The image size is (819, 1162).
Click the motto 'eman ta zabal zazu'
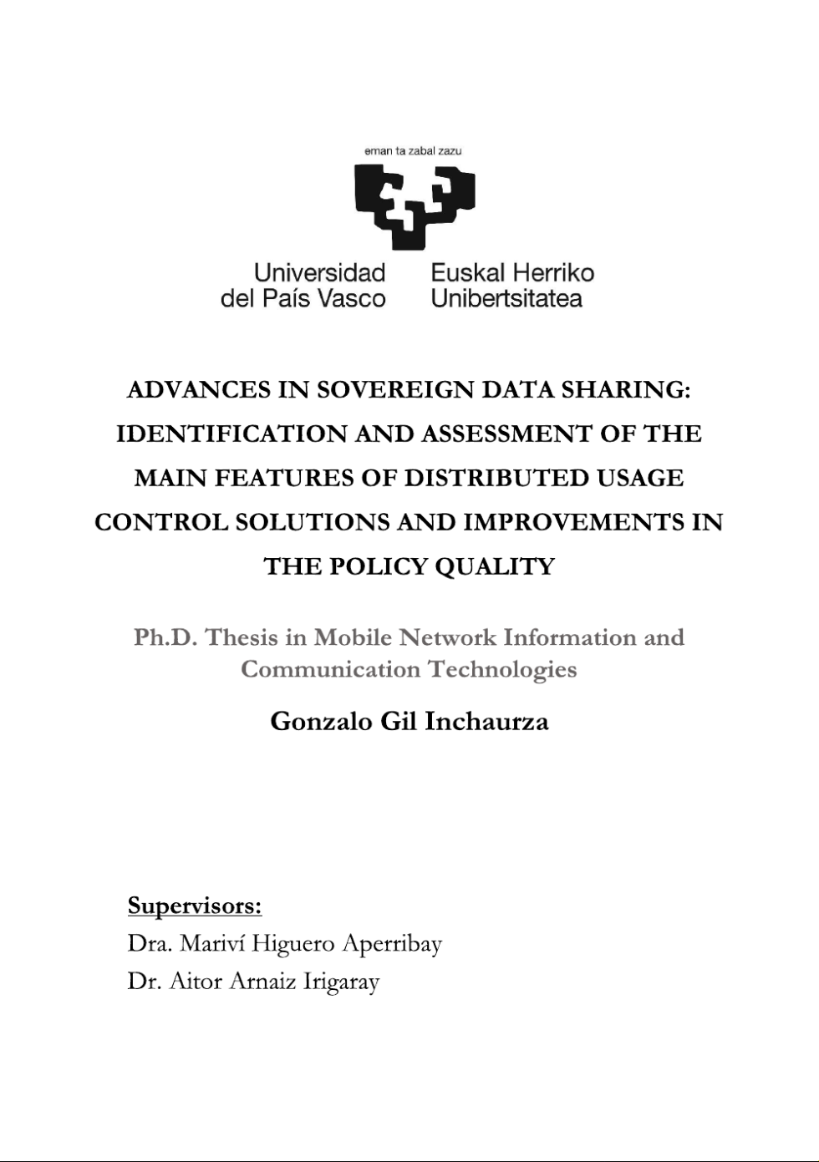413,151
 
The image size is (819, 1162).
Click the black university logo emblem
415,206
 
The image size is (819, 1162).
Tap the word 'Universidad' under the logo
319,273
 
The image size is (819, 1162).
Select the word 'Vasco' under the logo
352,299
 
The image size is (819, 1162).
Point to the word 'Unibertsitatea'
506,299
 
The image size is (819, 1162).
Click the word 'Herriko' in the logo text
552,273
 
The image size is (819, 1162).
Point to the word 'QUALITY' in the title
501,567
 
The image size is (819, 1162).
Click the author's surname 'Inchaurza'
486,722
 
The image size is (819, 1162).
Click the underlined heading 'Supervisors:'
195,906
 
